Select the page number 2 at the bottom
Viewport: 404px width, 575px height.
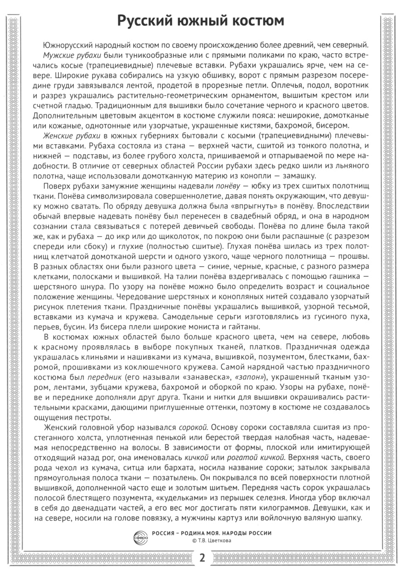(202, 558)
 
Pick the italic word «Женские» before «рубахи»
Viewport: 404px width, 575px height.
(58, 135)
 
